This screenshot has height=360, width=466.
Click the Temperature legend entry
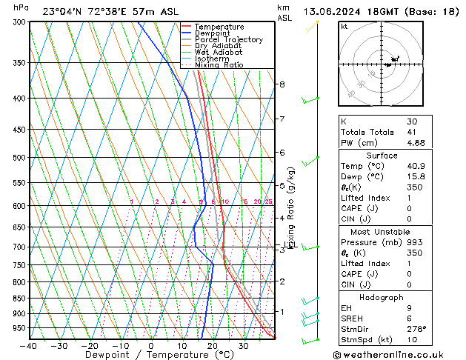220,26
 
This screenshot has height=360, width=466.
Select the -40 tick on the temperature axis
29,345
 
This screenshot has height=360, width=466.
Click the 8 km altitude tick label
282,84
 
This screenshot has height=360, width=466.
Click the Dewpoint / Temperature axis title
150,355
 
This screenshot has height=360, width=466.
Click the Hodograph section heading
382,297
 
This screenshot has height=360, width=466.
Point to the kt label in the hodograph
344,26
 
